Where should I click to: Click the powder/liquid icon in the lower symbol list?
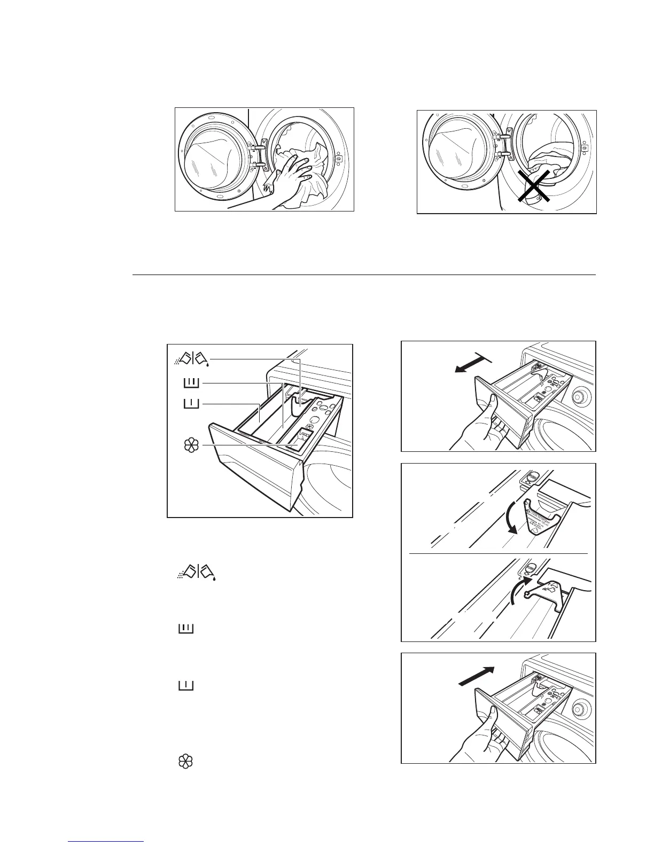tap(197, 572)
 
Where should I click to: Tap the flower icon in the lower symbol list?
tap(185, 762)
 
